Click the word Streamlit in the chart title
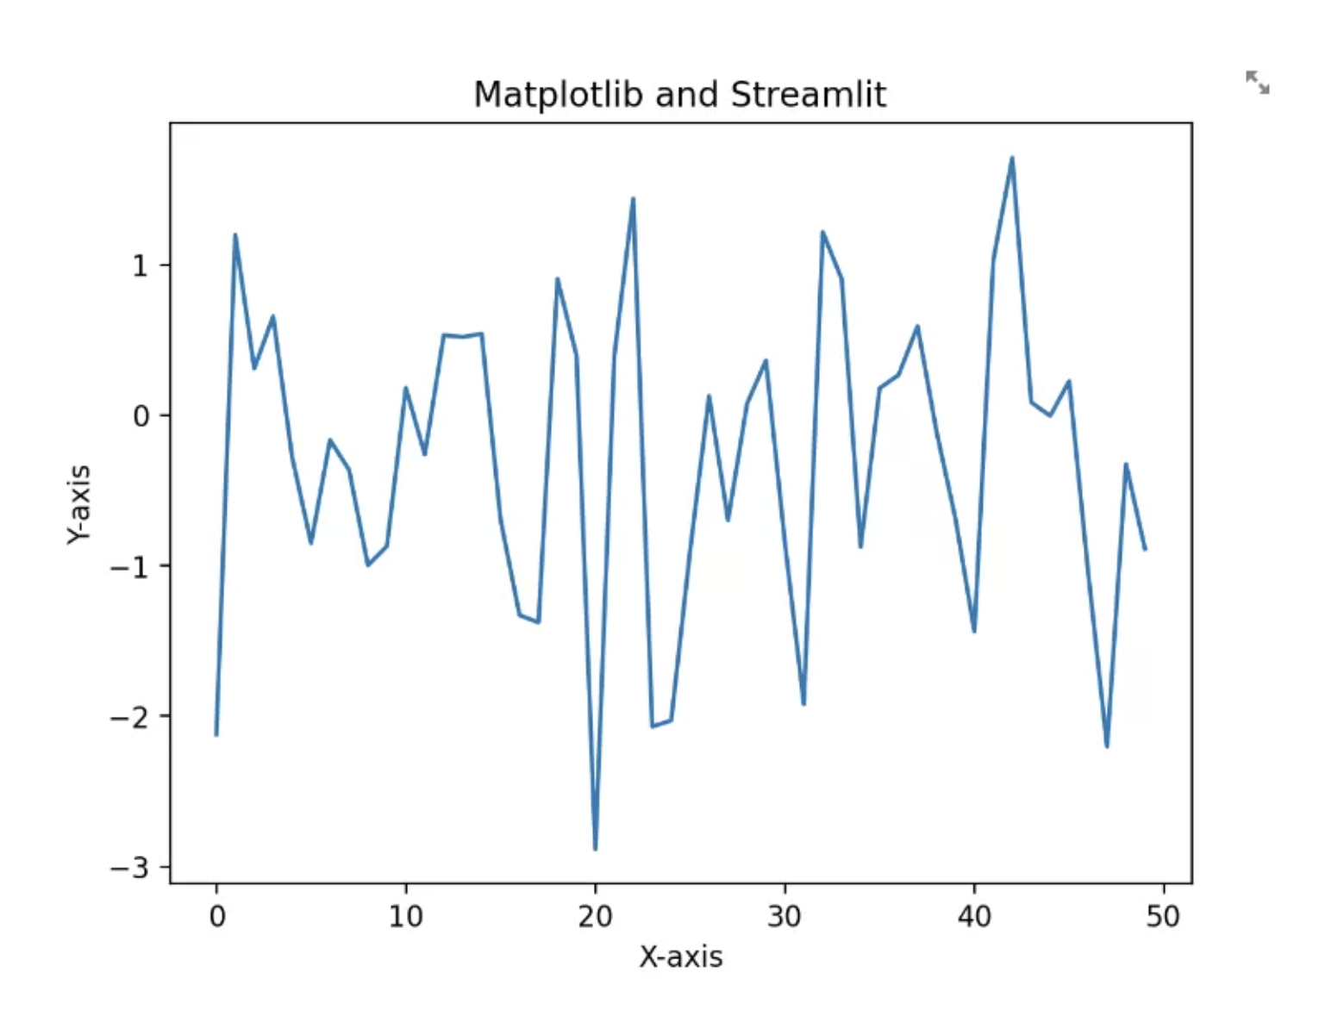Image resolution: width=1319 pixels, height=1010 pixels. [x=808, y=95]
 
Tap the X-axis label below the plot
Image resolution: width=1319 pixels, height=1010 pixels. [x=680, y=957]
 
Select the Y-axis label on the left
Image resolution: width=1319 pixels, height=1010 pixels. [x=78, y=504]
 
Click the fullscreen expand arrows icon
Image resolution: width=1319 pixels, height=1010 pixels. [x=1257, y=83]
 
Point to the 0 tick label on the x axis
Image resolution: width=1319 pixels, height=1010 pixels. [x=216, y=916]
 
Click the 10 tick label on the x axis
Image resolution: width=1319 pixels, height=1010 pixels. [x=405, y=916]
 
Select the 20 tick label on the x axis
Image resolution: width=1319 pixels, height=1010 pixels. [x=595, y=916]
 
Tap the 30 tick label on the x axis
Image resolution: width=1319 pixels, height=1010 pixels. [x=785, y=916]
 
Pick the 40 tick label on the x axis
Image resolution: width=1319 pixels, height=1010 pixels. [x=974, y=916]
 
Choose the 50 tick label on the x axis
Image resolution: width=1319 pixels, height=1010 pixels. [x=1163, y=916]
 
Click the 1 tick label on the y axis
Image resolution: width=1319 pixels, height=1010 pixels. [x=141, y=265]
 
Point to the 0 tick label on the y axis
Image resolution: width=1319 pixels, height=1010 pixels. [x=141, y=416]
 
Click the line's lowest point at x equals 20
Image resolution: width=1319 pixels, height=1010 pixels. [x=595, y=849]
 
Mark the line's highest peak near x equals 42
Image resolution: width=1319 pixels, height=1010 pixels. [x=1011, y=158]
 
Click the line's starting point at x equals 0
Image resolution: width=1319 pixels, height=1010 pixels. [x=216, y=735]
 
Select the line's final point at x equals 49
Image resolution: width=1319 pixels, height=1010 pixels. [x=1145, y=549]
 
